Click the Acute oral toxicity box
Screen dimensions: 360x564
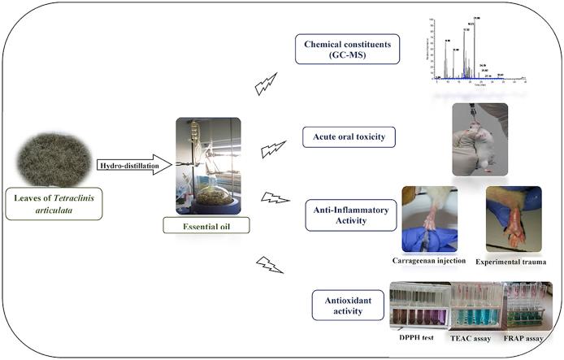pos(349,137)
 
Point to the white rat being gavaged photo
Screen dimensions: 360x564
pos(480,137)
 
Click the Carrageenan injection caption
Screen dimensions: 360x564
pos(428,262)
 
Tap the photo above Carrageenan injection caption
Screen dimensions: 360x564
pos(430,219)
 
